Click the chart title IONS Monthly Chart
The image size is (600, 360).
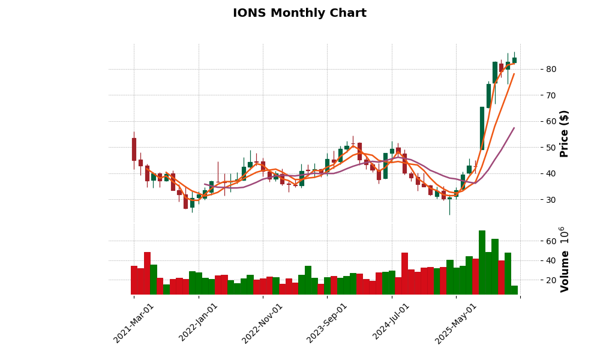click(x=299, y=13)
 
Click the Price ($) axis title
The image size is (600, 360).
click(x=564, y=133)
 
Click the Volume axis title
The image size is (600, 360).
click(x=564, y=259)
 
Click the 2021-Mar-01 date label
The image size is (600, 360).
click(x=134, y=323)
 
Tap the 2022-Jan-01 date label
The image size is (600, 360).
click(x=199, y=323)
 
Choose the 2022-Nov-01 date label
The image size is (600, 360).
click(x=263, y=323)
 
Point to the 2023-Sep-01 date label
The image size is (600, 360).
click(x=328, y=323)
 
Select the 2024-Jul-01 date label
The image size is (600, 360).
click(x=392, y=323)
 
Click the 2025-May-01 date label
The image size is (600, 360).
click(x=456, y=323)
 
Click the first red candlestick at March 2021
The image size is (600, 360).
click(x=134, y=149)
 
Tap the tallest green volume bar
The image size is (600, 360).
click(x=482, y=262)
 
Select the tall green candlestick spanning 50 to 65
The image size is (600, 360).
click(x=482, y=128)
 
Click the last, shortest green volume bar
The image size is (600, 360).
click(x=514, y=290)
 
